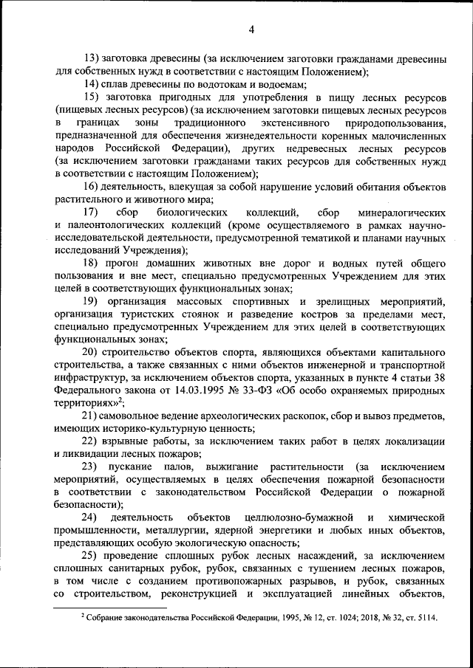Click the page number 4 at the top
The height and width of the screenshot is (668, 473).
tap(251, 30)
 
